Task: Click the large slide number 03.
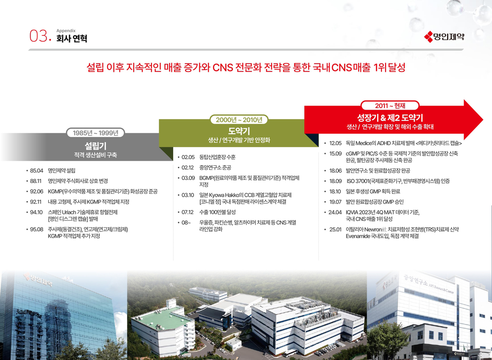[x=39, y=36]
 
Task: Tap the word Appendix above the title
[x=66, y=31]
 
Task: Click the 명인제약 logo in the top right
[x=444, y=37]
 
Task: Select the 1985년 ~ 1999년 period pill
[x=95, y=133]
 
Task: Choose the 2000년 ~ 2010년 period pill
[x=239, y=120]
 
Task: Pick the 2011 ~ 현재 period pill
[x=390, y=106]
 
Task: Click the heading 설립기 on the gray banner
[x=95, y=146]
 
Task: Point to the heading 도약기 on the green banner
[x=239, y=131]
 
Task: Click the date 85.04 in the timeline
[x=37, y=171]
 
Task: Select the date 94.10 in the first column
[x=36, y=213]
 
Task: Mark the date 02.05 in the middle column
[x=188, y=157]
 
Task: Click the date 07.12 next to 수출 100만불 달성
[x=187, y=212]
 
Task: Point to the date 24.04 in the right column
[x=335, y=213]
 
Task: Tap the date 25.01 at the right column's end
[x=335, y=230]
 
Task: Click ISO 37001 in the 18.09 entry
[x=358, y=181]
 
